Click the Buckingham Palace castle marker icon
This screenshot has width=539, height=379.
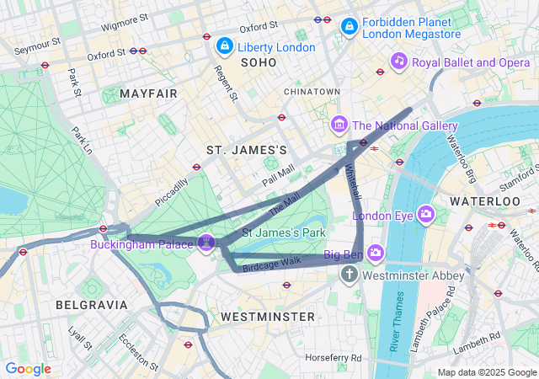205,243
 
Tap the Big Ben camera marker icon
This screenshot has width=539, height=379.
375,252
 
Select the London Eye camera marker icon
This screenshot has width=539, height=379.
425,214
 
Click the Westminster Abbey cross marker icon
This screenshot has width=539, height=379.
350,275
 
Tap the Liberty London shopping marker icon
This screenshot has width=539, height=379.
224,45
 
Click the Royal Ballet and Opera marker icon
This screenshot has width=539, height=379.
399,61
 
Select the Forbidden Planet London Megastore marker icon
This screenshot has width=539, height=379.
349,28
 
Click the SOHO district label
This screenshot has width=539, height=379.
259,63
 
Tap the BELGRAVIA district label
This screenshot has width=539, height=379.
91,304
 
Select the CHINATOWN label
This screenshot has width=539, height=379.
312,91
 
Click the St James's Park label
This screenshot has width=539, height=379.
284,232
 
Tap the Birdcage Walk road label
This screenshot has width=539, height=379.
271,262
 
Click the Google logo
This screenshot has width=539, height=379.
28,369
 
